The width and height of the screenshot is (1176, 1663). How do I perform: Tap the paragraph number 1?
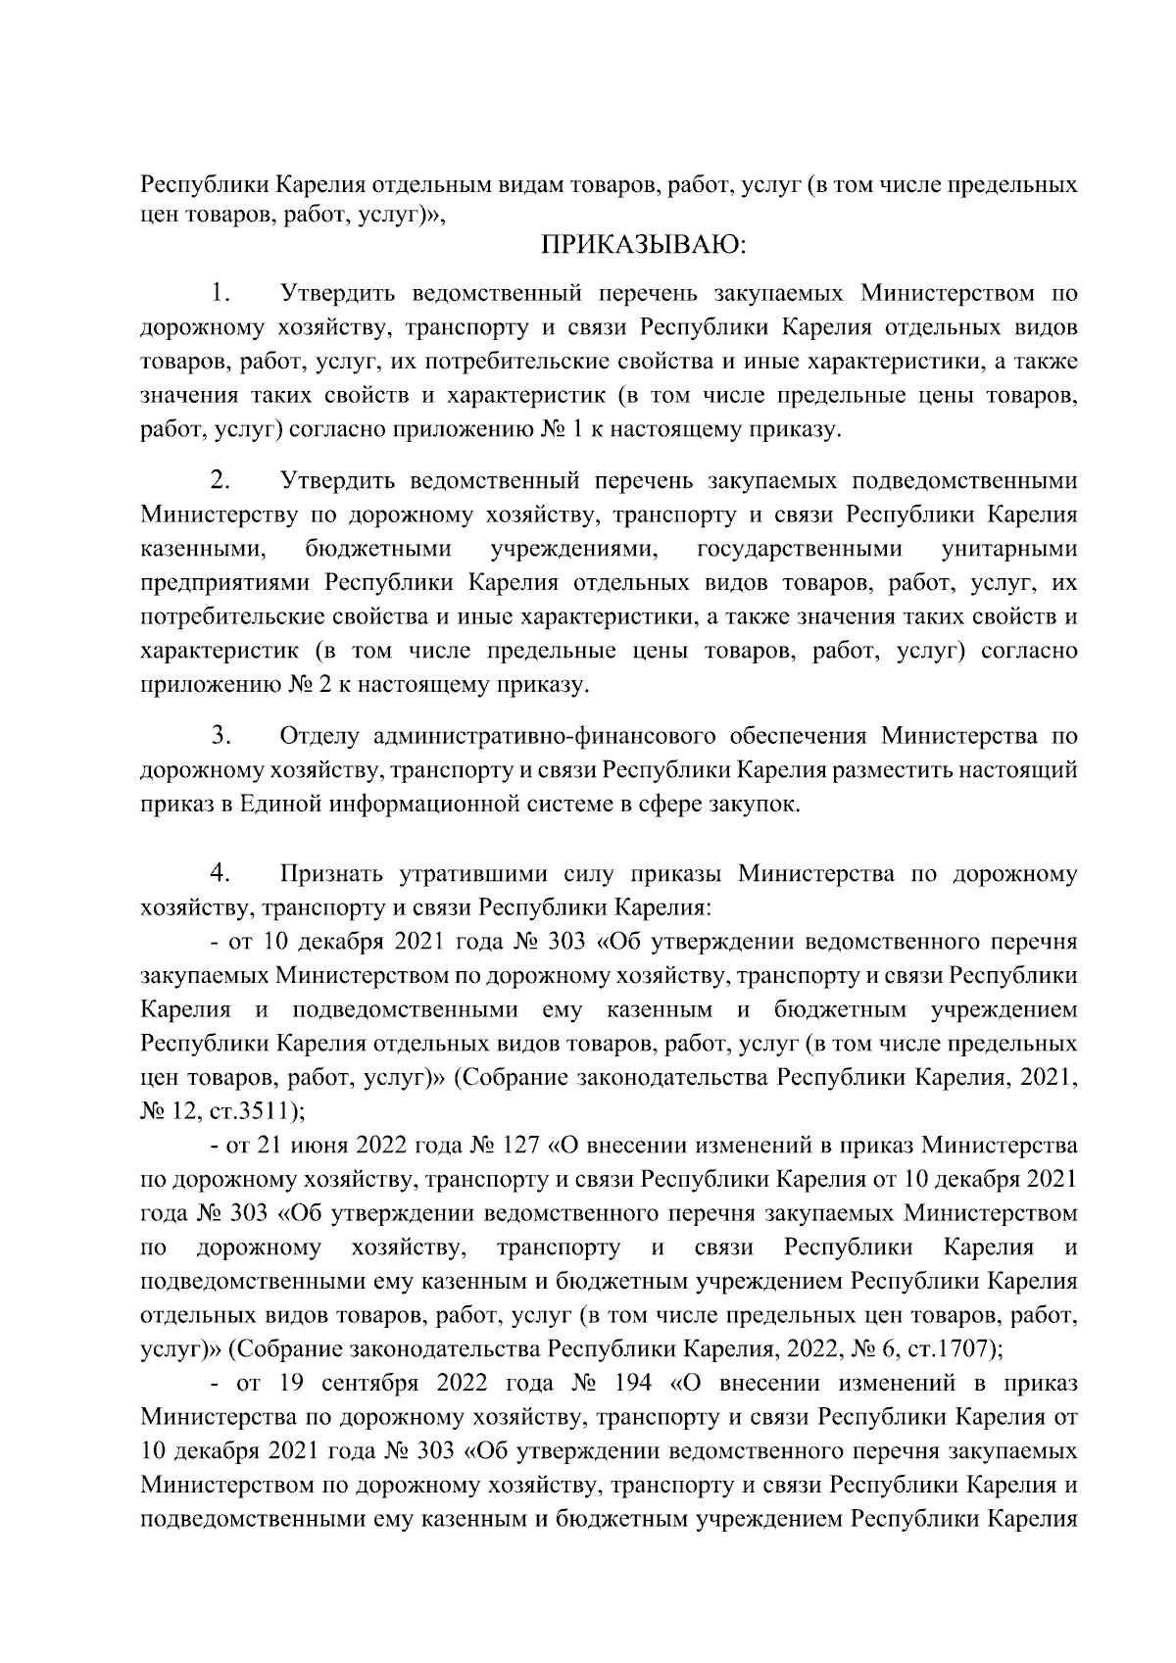220,294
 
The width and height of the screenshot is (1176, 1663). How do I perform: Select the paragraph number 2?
220,480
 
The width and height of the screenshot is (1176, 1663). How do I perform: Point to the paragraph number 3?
220,735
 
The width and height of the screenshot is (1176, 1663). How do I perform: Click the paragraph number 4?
220,872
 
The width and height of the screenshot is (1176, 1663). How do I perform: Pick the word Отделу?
318,737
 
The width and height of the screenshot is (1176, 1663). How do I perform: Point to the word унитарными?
1009,549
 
